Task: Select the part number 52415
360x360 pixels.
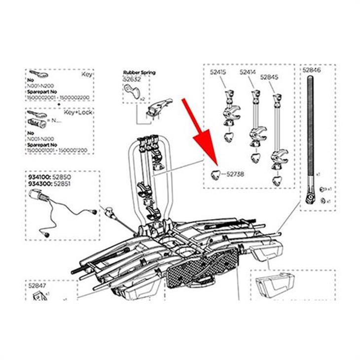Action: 217,72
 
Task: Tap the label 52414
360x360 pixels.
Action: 248,72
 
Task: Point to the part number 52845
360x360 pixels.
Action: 269,77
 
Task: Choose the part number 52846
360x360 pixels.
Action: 312,71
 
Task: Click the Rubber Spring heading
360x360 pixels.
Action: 139,72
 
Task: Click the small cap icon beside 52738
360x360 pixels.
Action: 216,173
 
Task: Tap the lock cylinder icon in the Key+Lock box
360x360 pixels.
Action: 38,121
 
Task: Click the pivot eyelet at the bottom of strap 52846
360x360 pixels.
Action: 309,199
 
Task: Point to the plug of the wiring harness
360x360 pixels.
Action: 37,196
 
